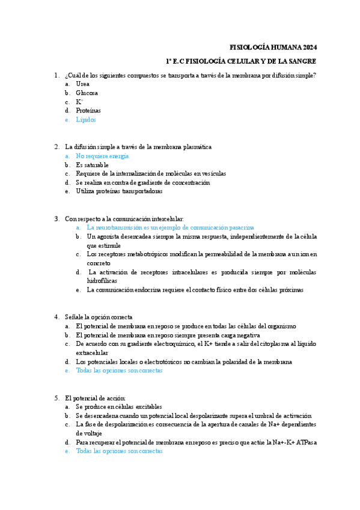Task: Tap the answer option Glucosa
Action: point(87,93)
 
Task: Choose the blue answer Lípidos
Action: point(86,120)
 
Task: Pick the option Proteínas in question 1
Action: point(88,111)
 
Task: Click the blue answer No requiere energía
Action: point(102,156)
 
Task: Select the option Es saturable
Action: point(92,165)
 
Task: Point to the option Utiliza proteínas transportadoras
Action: point(119,191)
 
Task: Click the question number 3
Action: point(56,219)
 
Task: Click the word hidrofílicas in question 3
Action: point(102,280)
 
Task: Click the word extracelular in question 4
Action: point(92,352)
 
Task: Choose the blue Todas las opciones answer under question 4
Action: point(119,370)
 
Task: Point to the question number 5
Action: point(56,398)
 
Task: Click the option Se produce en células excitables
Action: point(118,407)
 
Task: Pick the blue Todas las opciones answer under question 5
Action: point(119,451)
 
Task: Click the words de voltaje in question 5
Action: point(89,433)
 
